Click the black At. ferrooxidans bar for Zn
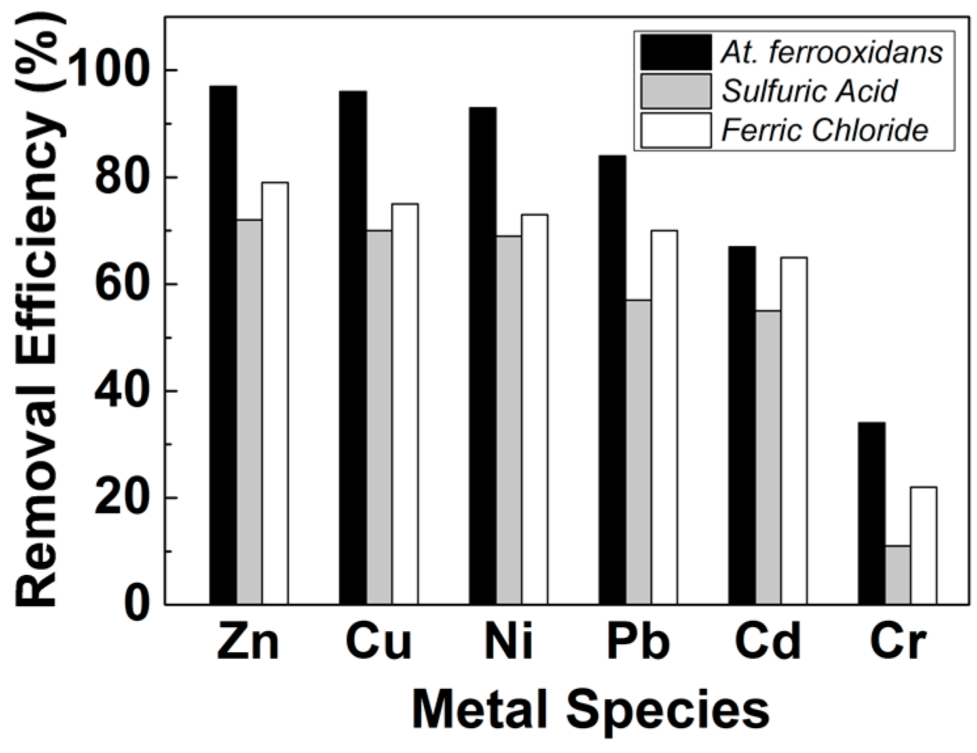[223, 344]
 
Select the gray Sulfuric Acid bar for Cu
[379, 417]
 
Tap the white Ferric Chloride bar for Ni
[534, 409]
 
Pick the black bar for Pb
[612, 380]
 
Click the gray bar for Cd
[767, 457]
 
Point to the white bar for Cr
[923, 545]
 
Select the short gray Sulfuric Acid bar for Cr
[897, 574]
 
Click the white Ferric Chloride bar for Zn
[275, 393]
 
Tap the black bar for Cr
[872, 513]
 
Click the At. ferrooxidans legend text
[832, 52]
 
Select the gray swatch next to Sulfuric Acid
[675, 92]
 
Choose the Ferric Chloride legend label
[824, 130]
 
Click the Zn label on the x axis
[248, 642]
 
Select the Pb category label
[638, 642]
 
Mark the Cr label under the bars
[897, 642]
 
